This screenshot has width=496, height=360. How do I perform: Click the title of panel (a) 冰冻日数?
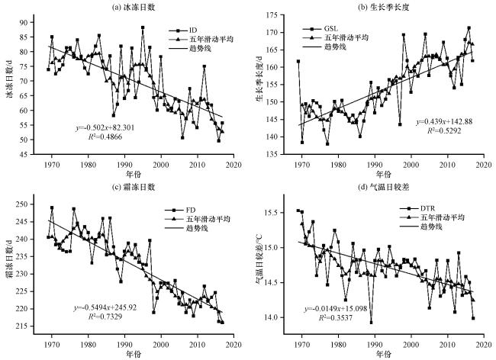coord(134,8)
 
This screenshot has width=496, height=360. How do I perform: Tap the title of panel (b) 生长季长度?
coord(383,8)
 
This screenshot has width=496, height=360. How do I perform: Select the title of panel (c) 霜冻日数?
coord(134,187)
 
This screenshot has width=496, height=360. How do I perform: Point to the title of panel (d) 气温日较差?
coord(383,187)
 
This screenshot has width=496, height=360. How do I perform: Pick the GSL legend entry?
coord(320,29)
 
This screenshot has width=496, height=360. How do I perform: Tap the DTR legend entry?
coord(417,209)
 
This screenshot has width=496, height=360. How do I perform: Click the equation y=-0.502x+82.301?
coord(105,128)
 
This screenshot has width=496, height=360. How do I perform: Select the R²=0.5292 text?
coord(444,131)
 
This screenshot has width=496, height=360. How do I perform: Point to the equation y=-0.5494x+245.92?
coord(105,307)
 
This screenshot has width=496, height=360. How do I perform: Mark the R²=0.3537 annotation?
coord(335,317)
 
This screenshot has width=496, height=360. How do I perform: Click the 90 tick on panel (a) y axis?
coord(24,22)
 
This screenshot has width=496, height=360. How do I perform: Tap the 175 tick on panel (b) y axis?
coord(272,15)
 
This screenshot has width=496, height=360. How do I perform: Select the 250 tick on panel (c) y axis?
coord(22,204)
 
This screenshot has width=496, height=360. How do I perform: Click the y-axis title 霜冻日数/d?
coord(10,259)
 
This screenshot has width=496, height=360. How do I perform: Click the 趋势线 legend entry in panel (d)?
coord(421,227)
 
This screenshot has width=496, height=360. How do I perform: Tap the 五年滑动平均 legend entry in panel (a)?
coord(201,40)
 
